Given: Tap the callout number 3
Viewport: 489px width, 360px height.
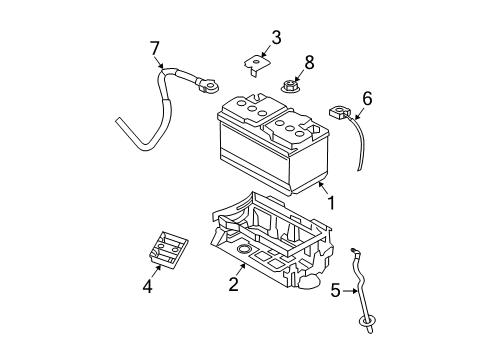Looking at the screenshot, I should [275, 39].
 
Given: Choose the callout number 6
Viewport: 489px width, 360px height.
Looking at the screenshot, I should [367, 99].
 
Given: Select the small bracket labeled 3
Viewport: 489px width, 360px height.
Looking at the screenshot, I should [256, 66].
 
